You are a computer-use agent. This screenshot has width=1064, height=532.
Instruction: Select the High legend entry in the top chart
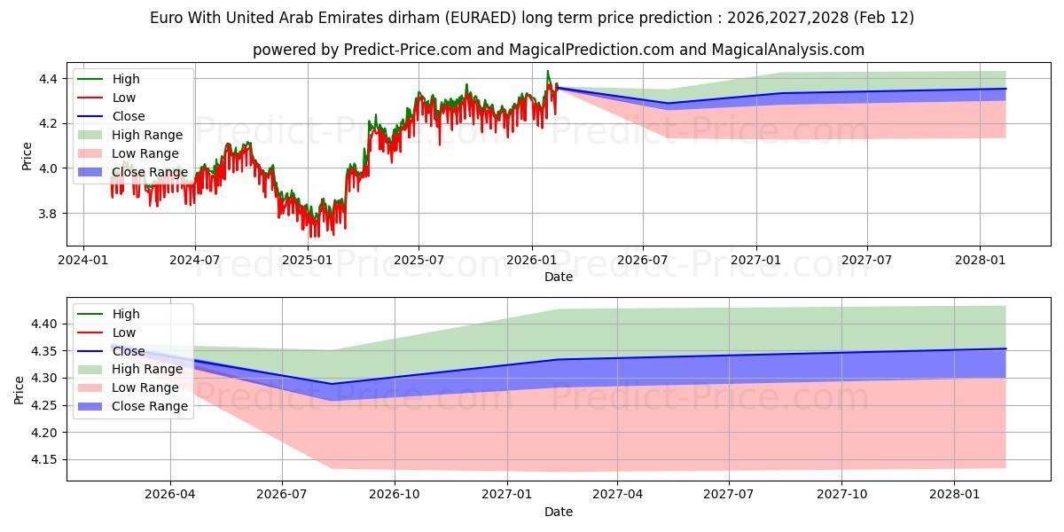point(124,79)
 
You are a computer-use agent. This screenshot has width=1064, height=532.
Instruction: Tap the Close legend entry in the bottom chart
point(129,351)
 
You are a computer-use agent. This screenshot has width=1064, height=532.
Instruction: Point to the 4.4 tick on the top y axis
point(48,79)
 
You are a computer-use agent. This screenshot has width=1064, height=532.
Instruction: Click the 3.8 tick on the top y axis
point(48,214)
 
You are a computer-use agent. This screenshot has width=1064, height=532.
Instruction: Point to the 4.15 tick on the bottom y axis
point(43,459)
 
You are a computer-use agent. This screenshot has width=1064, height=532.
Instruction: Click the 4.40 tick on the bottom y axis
point(43,325)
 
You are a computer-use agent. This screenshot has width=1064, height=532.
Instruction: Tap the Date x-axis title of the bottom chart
point(559,512)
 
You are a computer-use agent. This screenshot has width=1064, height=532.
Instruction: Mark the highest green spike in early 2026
point(547,71)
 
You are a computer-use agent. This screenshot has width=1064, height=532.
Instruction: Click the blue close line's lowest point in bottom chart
point(332,384)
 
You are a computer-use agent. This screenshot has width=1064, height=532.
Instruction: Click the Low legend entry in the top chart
point(123,98)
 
